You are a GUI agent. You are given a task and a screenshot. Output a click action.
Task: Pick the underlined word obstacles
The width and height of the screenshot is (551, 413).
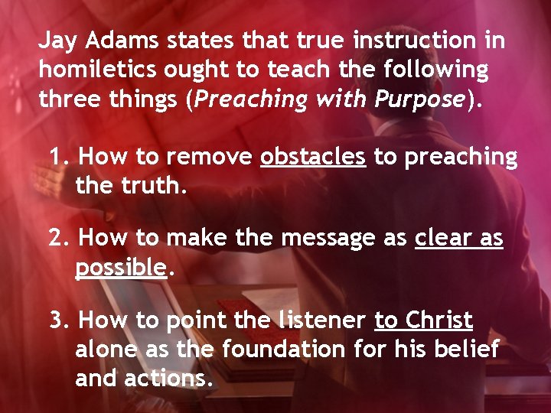coord(313,157)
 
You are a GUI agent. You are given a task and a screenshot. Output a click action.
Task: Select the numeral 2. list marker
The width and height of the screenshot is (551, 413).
coord(59,238)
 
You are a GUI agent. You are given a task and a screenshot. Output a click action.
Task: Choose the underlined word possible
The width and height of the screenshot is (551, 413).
coord(121,267)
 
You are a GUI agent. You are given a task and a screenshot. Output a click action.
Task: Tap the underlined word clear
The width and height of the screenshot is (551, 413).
coord(439,238)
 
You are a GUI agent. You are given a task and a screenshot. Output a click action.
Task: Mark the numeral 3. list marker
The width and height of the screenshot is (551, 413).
coord(59,320)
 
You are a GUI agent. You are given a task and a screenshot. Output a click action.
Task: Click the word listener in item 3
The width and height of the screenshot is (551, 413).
coord(320,320)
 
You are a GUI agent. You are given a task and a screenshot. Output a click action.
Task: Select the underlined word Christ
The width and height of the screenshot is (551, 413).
coord(439,320)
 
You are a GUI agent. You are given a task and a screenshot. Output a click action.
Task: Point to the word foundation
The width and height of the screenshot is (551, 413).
coord(285,349)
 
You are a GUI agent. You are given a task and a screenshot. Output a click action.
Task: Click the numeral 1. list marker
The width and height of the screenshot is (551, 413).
coord(59,157)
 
